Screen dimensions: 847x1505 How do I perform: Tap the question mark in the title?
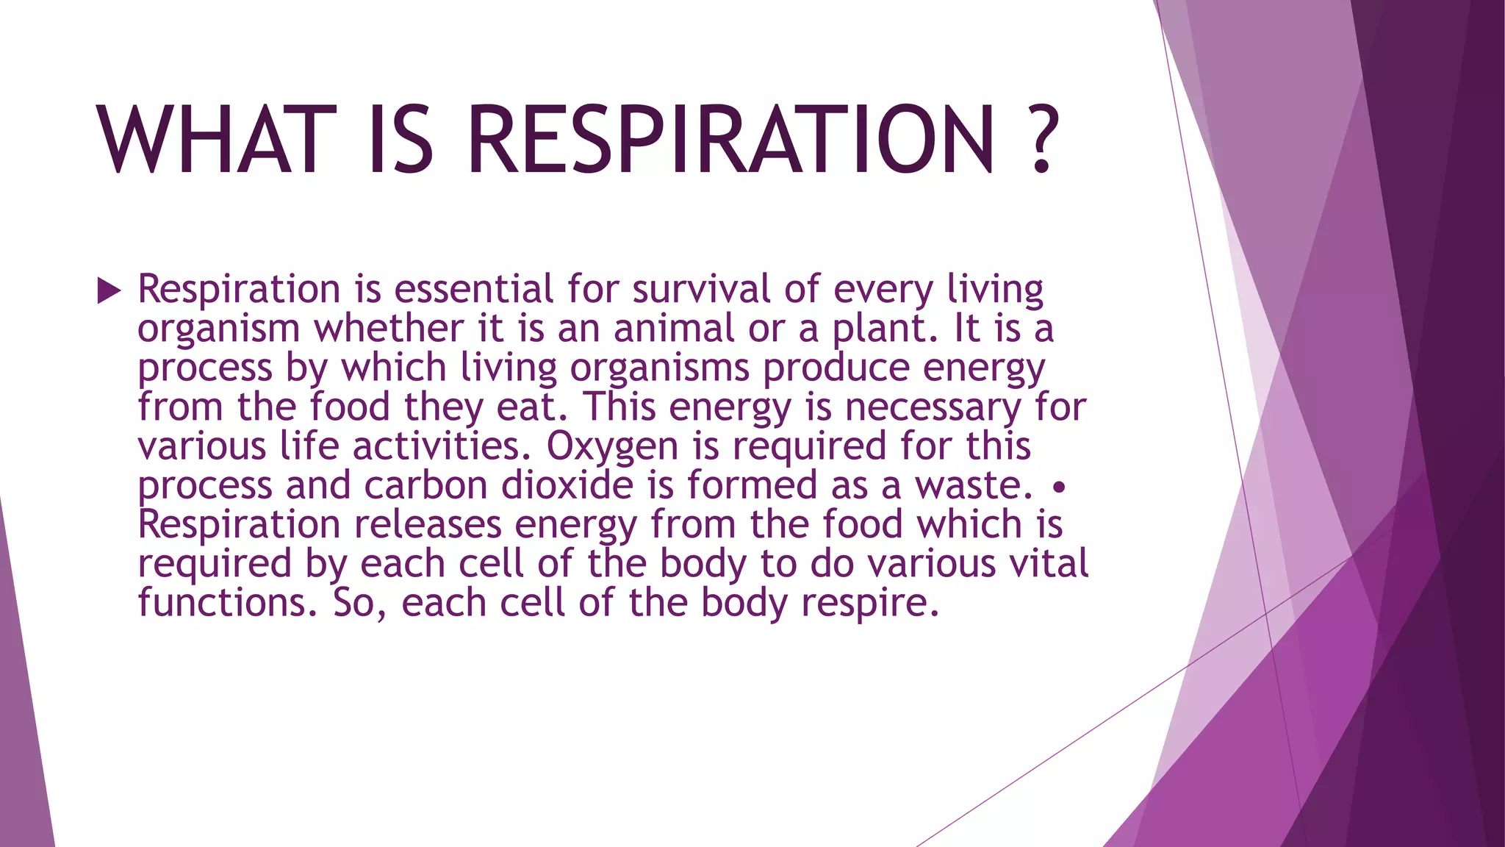click(x=1040, y=140)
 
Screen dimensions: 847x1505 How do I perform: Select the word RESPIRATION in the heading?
click(x=730, y=140)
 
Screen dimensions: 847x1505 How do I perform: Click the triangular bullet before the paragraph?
click(x=109, y=291)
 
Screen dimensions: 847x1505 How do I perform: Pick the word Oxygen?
click(x=612, y=447)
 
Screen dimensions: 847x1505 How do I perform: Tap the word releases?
click(x=428, y=525)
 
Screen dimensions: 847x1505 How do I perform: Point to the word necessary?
click(x=933, y=408)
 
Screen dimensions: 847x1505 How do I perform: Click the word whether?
click(x=389, y=328)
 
